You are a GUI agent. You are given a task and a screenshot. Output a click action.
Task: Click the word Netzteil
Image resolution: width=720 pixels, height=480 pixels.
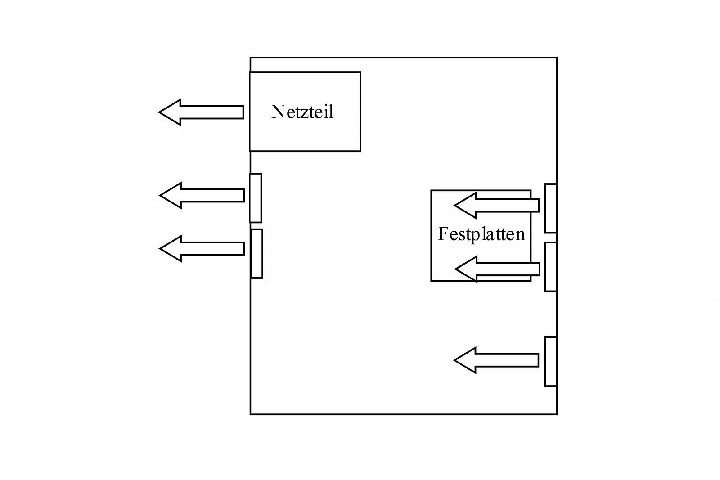[302, 112]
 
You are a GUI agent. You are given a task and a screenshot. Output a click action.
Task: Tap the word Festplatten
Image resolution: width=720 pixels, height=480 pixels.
[481, 234]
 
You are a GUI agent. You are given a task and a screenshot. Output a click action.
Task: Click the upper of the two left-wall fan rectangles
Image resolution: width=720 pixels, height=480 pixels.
[255, 198]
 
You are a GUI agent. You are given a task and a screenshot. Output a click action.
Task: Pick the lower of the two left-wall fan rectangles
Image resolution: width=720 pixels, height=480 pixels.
[256, 254]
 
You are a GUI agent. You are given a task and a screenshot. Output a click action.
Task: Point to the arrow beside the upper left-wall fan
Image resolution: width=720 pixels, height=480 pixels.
[202, 195]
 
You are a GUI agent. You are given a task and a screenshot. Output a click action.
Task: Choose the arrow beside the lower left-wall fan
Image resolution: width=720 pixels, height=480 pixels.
[202, 248]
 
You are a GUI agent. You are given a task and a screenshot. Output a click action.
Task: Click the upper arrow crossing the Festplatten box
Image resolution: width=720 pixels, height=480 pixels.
[497, 205]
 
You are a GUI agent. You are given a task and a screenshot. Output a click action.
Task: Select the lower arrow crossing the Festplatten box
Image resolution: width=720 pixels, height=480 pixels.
[498, 269]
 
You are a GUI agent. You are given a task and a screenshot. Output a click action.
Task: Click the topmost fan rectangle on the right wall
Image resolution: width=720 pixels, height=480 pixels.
[551, 208]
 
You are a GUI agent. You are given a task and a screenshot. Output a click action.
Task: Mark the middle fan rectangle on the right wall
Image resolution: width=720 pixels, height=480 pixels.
[551, 267]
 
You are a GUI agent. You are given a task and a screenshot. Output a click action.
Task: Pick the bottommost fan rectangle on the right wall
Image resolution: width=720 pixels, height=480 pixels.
[551, 361]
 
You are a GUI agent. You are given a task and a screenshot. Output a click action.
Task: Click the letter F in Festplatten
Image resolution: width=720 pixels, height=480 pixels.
[443, 234]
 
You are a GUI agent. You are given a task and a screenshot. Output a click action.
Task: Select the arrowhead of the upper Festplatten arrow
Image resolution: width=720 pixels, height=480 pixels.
[466, 205]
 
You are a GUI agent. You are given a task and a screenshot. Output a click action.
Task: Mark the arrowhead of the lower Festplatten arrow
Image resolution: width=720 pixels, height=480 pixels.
[467, 269]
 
